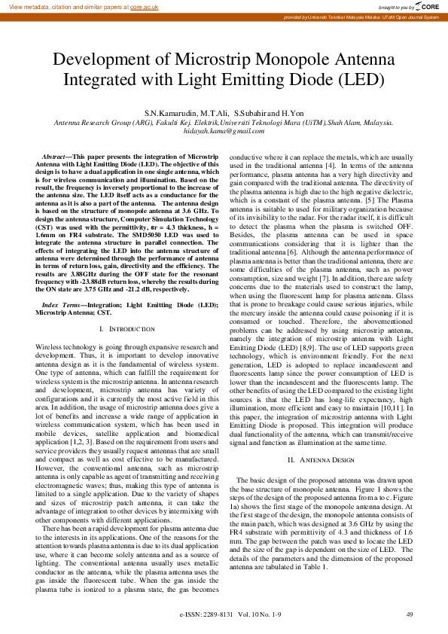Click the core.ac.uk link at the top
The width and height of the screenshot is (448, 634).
pyautogui.click(x=144, y=6)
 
